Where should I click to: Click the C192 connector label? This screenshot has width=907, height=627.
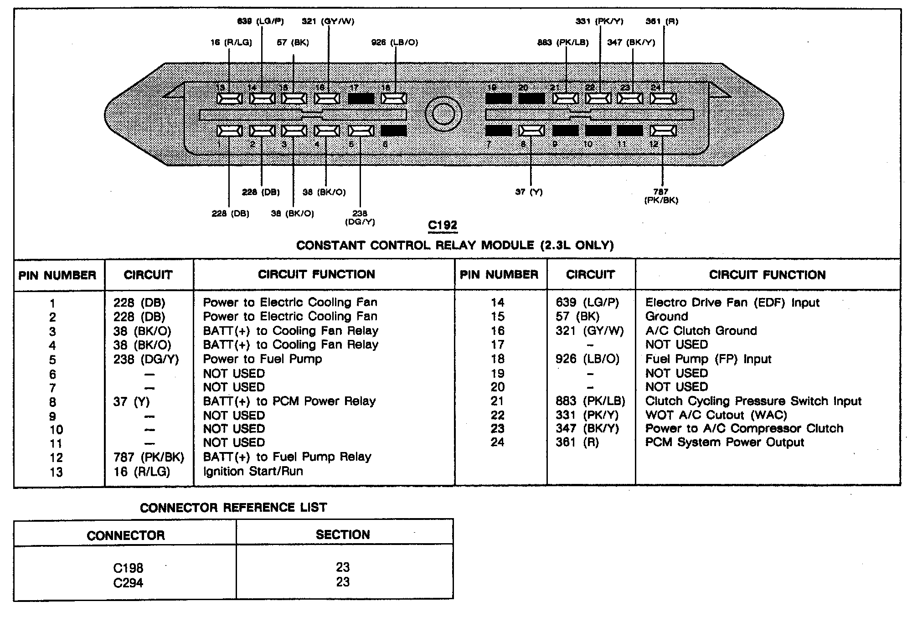(x=442, y=225)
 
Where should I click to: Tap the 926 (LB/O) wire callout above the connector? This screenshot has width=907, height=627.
(x=395, y=43)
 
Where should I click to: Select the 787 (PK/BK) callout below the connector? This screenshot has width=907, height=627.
(x=661, y=196)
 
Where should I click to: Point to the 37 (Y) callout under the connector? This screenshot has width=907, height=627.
(x=529, y=192)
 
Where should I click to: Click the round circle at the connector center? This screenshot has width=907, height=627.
(x=443, y=114)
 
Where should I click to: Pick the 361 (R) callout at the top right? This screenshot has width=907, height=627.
(x=662, y=21)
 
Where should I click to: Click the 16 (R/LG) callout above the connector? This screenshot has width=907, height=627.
(x=231, y=43)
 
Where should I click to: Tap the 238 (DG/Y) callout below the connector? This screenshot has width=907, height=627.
(x=360, y=217)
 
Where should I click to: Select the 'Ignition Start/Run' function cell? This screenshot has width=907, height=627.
(x=253, y=471)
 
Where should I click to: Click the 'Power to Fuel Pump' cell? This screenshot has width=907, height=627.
(x=263, y=359)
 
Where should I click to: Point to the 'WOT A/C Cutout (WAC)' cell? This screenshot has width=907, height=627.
(x=716, y=415)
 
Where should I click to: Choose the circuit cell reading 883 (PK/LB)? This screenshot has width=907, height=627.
(x=590, y=401)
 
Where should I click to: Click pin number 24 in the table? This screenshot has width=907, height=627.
(x=497, y=442)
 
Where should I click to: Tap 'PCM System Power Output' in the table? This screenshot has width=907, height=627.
(x=725, y=442)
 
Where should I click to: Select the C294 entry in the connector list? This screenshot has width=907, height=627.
(x=128, y=583)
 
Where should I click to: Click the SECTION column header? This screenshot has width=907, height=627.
(x=343, y=535)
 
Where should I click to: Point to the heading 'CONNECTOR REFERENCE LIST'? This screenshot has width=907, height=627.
(x=233, y=508)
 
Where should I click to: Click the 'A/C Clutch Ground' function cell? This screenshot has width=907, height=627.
(x=701, y=331)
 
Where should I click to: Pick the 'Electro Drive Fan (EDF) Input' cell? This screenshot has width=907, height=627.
(x=732, y=303)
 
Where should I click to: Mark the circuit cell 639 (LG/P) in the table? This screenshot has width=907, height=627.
(x=587, y=303)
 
